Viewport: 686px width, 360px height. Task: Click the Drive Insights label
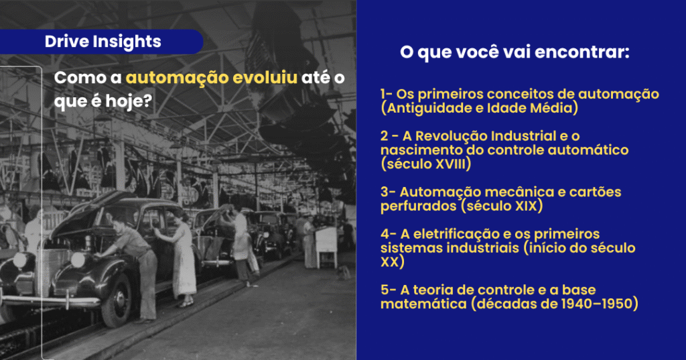pos(102,41)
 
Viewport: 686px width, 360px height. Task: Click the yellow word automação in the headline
pos(177,78)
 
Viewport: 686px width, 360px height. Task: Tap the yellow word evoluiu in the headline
pos(265,78)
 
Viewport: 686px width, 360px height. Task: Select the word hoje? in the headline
pos(129,101)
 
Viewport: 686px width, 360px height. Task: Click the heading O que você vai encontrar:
pos(514,52)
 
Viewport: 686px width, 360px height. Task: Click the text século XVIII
pos(427,164)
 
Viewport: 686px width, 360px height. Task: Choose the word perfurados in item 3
pos(418,206)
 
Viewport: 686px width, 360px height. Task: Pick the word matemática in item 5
pos(423,304)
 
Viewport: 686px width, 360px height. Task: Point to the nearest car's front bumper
pos(50,300)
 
